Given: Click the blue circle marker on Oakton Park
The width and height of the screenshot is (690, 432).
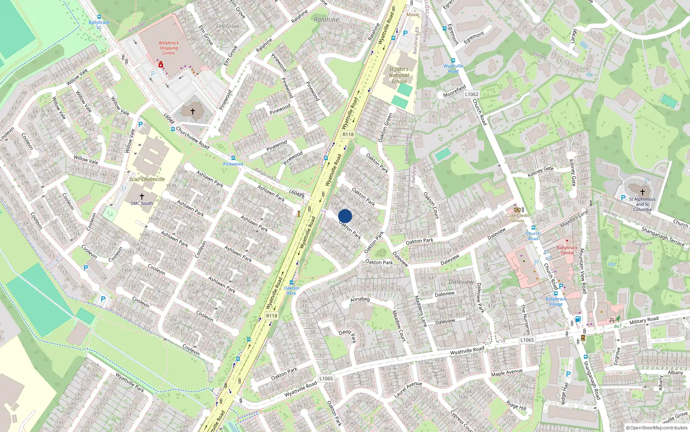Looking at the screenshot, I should click(345, 216).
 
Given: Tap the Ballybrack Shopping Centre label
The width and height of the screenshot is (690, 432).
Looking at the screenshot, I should click(169, 48).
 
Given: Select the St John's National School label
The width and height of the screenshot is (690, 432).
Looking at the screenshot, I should click(398, 75).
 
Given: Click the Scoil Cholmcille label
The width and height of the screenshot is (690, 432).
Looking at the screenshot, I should click(147, 179).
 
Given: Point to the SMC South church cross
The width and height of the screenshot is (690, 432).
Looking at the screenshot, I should click(141, 197).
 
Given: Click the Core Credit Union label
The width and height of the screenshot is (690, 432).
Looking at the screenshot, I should click(517, 218).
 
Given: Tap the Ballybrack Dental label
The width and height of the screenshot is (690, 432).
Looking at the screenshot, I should click(567, 250).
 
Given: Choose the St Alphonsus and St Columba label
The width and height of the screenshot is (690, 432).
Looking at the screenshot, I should click(642, 204).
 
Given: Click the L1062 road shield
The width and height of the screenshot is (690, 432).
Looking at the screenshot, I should click(472, 94).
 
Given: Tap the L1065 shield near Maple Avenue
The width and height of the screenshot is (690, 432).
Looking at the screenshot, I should click(527, 340).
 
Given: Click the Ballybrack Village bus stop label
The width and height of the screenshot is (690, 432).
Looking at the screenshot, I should click(556, 301).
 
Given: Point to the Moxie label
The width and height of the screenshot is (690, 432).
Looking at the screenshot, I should click(413, 15).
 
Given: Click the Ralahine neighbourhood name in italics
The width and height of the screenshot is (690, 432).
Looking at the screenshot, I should click(326, 19).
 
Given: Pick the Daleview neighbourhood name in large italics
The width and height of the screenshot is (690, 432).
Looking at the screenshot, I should click(461, 282).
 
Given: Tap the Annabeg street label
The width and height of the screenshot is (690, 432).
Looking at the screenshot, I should click(360, 299).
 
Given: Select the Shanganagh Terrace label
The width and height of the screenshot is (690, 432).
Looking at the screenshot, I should click(662, 236).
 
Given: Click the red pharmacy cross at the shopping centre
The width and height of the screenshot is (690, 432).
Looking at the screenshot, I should click(161, 65).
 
